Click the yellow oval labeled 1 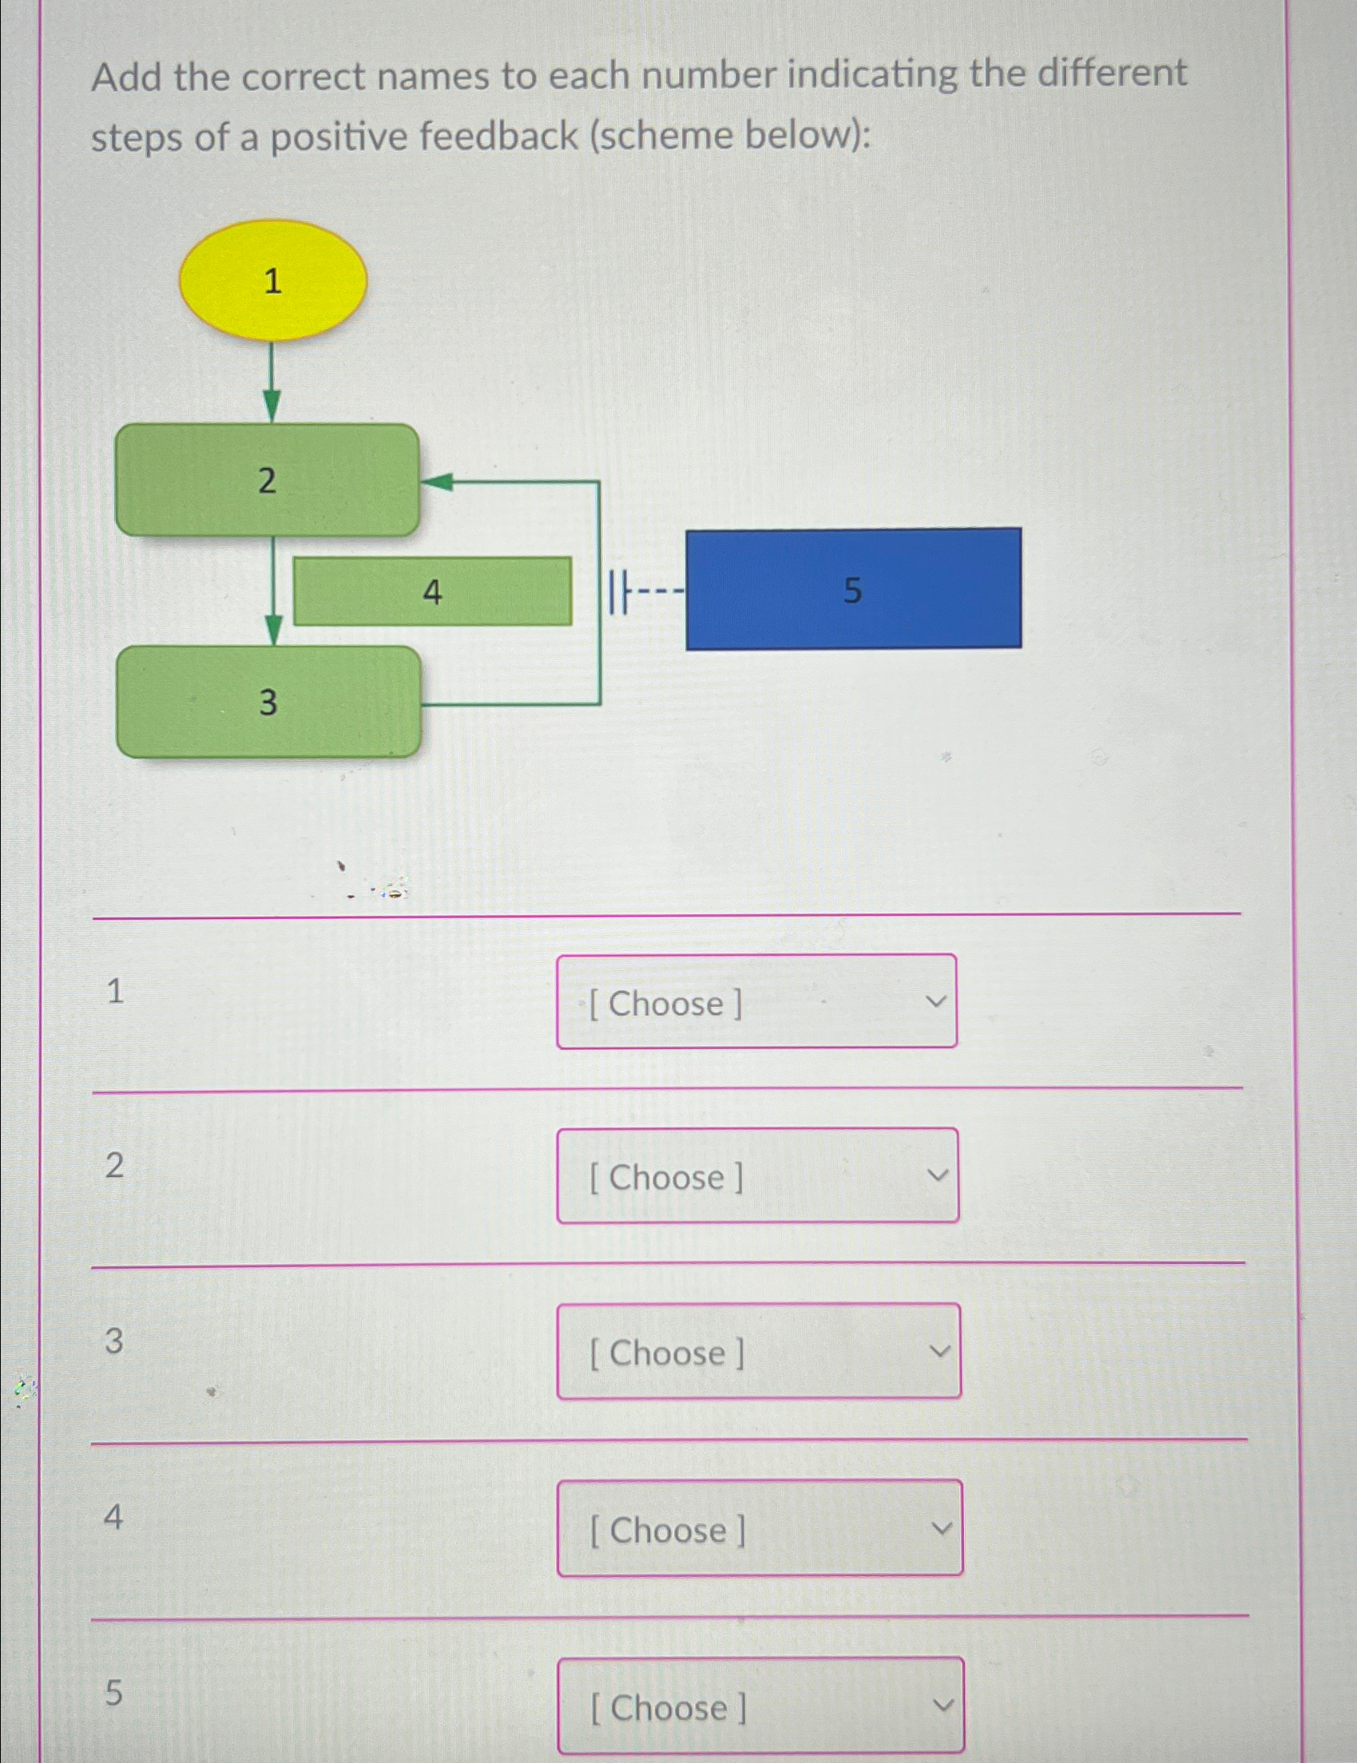pos(272,281)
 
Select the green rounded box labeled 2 pos(268,481)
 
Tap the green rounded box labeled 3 pos(268,702)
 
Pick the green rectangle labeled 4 pos(432,592)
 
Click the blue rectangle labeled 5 pos(853,589)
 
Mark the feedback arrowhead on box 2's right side pos(438,482)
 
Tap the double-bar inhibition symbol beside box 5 pos(617,591)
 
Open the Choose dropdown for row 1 pos(756,1002)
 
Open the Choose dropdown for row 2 pos(757,1176)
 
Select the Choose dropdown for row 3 pos(758,1351)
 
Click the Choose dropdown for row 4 pos(759,1528)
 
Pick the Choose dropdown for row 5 pos(760,1705)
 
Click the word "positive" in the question pos(341,137)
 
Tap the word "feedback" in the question pos(498,136)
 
